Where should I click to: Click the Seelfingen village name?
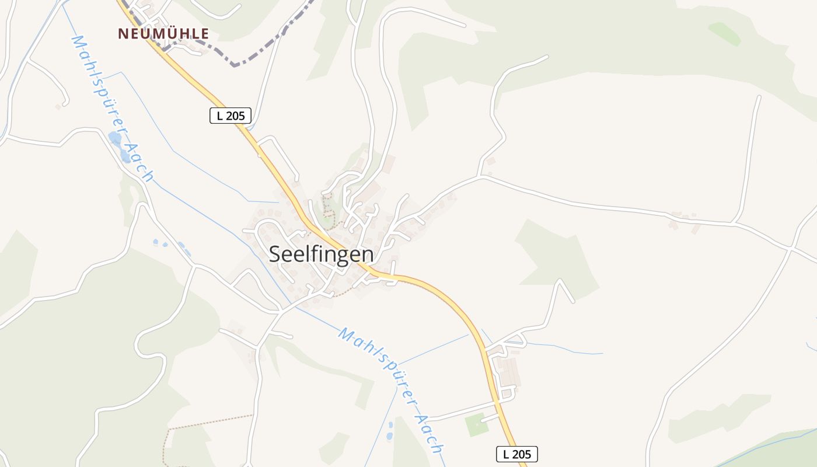pos(321,255)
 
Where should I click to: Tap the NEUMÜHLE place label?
pos(163,34)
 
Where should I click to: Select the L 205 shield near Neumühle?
pos(230,116)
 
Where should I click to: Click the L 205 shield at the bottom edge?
pos(516,454)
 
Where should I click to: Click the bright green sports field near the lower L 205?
pos(477,424)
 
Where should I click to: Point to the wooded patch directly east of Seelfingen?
pos(554,257)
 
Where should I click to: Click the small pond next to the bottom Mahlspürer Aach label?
pos(390,435)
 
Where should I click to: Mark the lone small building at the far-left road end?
pos(58,107)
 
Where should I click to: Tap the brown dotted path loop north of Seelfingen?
pos(329,210)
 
